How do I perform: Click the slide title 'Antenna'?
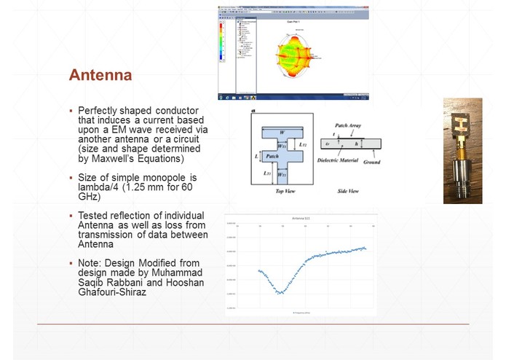(100, 76)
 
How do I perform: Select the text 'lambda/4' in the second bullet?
(98, 187)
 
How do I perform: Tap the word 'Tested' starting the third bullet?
(95, 216)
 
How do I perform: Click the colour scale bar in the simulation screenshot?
(223, 44)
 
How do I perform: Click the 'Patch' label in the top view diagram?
(272, 156)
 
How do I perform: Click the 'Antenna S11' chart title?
(300, 218)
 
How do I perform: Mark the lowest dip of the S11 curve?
(280, 293)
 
